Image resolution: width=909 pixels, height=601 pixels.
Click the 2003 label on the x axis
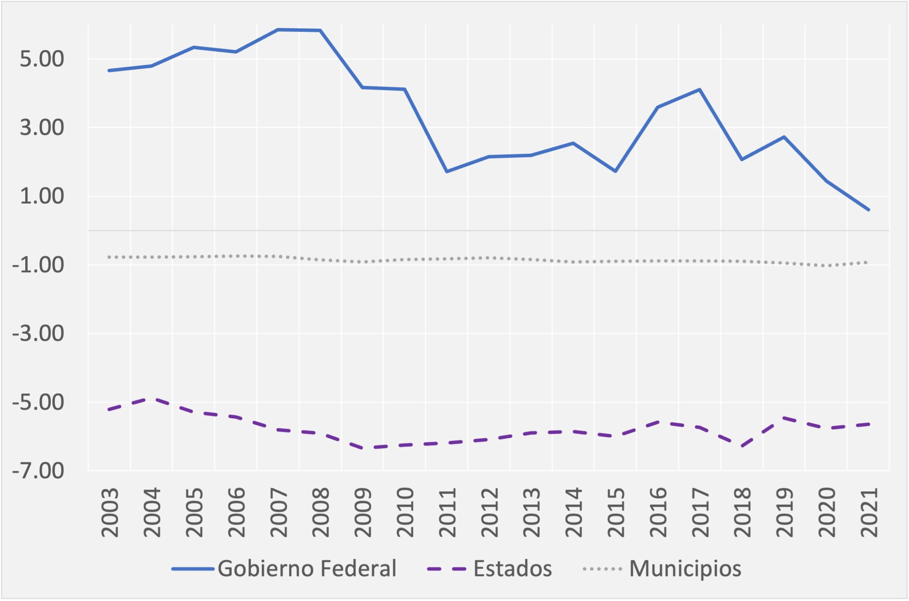point(110,513)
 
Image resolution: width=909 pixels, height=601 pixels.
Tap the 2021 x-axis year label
point(869,513)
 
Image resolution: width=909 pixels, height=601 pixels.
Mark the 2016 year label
point(658,513)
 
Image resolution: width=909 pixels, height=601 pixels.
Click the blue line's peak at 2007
point(278,29)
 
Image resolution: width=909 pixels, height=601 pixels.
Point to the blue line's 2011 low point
point(447,171)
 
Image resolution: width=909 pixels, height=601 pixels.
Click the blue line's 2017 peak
point(700,90)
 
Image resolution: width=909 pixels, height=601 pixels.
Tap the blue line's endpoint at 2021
point(869,210)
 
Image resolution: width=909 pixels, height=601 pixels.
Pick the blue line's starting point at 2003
point(109,71)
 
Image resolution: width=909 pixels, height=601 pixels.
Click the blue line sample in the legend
point(192,569)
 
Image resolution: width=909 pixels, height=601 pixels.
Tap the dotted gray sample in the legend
point(602,569)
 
